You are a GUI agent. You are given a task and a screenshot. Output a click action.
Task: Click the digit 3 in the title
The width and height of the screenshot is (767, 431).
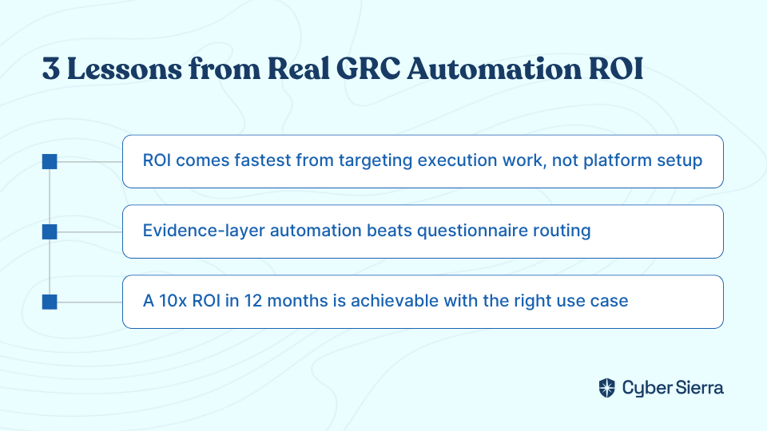pyautogui.click(x=51, y=69)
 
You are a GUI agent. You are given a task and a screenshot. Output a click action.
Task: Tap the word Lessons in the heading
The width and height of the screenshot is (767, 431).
pyautogui.click(x=125, y=69)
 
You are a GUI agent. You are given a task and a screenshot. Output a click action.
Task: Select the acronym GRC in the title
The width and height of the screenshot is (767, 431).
pyautogui.click(x=368, y=69)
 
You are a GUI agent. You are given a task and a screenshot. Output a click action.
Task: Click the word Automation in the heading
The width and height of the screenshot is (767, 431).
pyautogui.click(x=494, y=69)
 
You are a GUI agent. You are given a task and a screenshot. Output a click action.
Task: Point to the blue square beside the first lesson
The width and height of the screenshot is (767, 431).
pyautogui.click(x=50, y=161)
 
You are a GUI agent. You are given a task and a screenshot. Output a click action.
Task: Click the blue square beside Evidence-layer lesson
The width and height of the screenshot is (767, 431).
pyautogui.click(x=50, y=231)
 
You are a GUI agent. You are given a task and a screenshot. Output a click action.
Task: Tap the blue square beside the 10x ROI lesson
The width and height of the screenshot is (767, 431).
pyautogui.click(x=50, y=302)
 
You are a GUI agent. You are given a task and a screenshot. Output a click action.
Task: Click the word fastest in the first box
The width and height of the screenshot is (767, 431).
pyautogui.click(x=263, y=160)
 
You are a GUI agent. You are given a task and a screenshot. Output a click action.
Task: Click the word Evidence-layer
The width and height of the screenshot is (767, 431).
pyautogui.click(x=204, y=231)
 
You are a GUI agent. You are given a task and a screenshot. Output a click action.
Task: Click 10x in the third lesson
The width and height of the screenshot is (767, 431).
pyautogui.click(x=173, y=301)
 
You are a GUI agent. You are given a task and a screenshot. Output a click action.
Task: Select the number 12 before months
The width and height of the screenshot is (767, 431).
pyautogui.click(x=253, y=301)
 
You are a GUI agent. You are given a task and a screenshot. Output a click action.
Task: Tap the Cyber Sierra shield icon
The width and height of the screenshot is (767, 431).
pyautogui.click(x=607, y=388)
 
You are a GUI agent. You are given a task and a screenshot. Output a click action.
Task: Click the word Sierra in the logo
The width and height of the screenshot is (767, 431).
pyautogui.click(x=699, y=388)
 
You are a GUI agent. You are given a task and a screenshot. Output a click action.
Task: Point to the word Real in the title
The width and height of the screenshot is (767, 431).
pyautogui.click(x=298, y=69)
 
